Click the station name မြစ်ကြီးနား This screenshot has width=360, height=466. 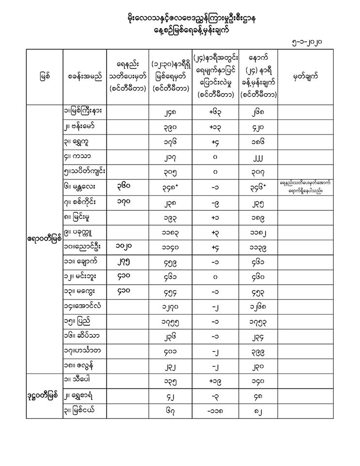coord(85,111)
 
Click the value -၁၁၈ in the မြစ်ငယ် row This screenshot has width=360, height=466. coord(217,410)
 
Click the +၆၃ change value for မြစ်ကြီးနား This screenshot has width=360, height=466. coord(217,112)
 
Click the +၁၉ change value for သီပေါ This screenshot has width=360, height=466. coord(217,381)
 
